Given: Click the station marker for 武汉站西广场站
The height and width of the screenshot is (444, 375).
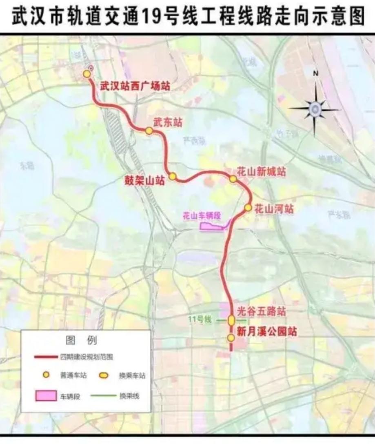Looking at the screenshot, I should point(87,74).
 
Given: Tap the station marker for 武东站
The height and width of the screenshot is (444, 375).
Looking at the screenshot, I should point(149,131).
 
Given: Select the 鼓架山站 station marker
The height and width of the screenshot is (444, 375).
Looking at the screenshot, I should point(173,176).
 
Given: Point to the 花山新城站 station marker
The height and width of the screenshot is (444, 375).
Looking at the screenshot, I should point(233,179).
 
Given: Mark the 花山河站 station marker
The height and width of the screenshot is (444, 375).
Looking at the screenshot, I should point(248,208).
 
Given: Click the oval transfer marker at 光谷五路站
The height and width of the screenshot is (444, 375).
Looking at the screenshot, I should point(231,320).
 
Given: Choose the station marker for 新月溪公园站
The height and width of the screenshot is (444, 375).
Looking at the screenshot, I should point(231,338).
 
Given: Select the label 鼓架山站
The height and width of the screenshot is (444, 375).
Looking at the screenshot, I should point(144,181).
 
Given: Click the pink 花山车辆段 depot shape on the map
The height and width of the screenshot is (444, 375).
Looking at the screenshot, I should point(211,226).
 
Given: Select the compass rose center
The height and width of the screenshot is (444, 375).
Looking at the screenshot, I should point(315,109).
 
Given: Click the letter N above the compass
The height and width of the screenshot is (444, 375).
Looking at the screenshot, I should point(315,74).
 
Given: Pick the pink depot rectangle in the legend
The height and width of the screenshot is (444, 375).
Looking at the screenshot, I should point(46,395).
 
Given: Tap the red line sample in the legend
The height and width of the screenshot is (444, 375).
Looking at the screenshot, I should point(45,357).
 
